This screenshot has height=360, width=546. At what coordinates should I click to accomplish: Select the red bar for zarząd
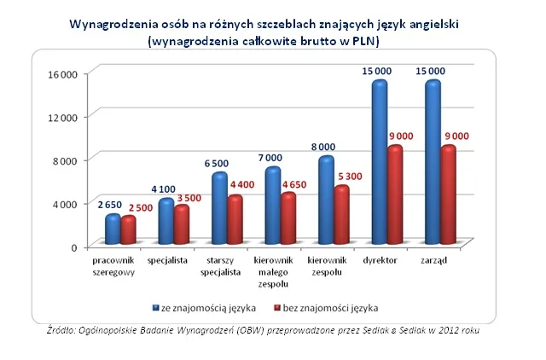448,196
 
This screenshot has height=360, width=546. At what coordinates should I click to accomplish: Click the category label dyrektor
380,260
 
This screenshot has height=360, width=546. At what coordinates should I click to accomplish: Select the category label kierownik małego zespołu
274,271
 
